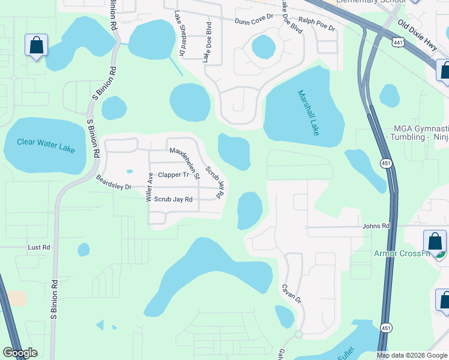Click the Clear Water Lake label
pos(46,145)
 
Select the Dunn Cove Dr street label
pos(255,20)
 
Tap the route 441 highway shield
pos(397,41)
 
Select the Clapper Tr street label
pos(173,175)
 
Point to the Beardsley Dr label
pos(113,183)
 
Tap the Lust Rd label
pos(39,247)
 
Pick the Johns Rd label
pos(376,226)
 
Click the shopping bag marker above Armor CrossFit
pos(435,241)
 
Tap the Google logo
pos(20,353)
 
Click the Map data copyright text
pos(412,355)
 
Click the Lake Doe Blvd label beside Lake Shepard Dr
pos(208,42)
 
